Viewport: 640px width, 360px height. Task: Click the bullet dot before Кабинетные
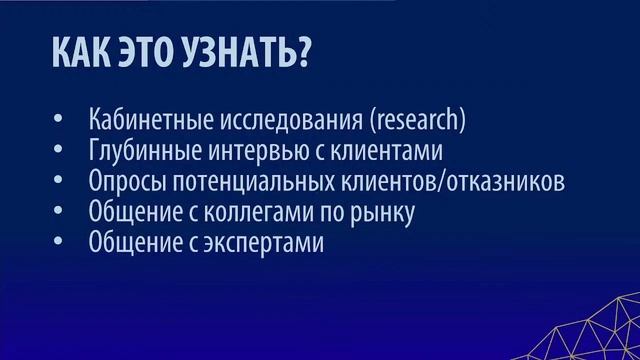(59, 122)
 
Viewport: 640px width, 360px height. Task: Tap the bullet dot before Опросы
(59, 183)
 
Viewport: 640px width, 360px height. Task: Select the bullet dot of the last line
(59, 244)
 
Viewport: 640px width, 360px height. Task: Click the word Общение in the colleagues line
(131, 213)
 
